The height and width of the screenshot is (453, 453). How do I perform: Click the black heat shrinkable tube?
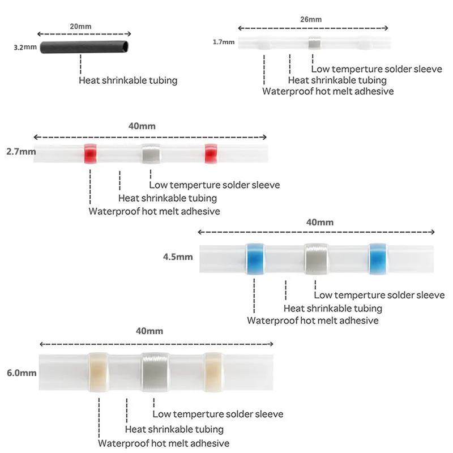[84, 47]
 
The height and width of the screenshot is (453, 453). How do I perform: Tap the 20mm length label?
[80, 27]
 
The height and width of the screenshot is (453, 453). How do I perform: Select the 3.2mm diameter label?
[25, 47]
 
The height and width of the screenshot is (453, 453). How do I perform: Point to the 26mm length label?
[311, 19]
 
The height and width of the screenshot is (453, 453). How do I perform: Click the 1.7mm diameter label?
[224, 42]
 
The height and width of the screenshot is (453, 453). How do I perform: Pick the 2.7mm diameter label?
[21, 151]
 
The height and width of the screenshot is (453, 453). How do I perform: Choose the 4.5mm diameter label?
[178, 257]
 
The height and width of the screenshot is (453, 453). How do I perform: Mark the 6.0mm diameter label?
[22, 373]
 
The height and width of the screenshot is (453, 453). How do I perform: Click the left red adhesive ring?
[91, 153]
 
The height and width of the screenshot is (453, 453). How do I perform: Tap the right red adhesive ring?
[211, 153]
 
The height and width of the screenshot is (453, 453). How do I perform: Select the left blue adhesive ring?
[255, 259]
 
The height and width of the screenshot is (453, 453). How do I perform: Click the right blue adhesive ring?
[378, 259]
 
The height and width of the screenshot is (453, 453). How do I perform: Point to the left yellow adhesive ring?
[98, 372]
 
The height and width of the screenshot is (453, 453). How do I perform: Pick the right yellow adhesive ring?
[213, 372]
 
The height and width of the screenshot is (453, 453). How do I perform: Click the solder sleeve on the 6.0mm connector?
[155, 372]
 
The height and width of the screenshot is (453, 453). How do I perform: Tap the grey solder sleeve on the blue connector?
[316, 259]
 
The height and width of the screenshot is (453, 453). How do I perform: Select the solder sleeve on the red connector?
[151, 153]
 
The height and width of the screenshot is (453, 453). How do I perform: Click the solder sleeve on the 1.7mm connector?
[314, 43]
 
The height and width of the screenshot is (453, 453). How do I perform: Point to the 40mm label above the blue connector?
[320, 222]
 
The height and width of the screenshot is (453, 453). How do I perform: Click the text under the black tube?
[128, 80]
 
